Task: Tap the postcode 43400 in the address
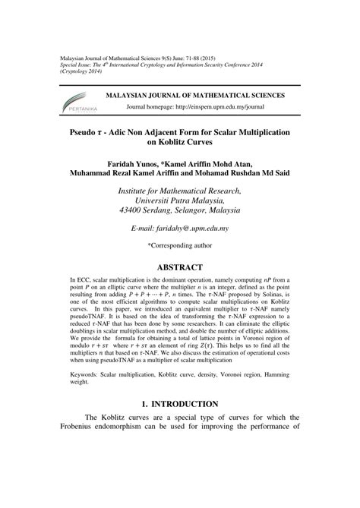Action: (x=135, y=209)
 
